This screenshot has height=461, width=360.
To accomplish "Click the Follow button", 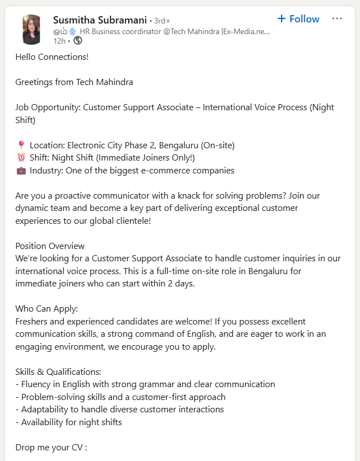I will [298, 19].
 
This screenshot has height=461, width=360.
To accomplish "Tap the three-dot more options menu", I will [336, 18].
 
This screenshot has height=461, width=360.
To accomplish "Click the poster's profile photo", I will [31, 30].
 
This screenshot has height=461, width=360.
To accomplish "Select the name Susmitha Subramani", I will [100, 20].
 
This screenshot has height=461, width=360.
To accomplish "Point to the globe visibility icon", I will [78, 40].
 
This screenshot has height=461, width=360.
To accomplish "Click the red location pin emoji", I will [21, 145].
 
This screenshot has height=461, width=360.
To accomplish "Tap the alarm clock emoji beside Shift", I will [21, 158].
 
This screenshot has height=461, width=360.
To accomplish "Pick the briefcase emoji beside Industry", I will [21, 171].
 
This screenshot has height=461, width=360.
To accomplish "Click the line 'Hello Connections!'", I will [52, 57].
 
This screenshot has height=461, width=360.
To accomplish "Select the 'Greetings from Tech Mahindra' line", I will [74, 82].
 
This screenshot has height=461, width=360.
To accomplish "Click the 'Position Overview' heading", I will [50, 246].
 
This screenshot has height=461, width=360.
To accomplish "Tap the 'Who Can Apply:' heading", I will [46, 309].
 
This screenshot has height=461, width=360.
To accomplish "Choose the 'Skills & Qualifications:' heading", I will [58, 371].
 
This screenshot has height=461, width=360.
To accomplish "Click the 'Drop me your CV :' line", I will [51, 448].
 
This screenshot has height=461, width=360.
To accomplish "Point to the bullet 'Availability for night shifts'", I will [71, 422].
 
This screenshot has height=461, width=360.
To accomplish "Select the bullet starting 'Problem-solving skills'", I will [123, 397].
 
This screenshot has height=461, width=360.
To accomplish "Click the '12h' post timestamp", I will [59, 40].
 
